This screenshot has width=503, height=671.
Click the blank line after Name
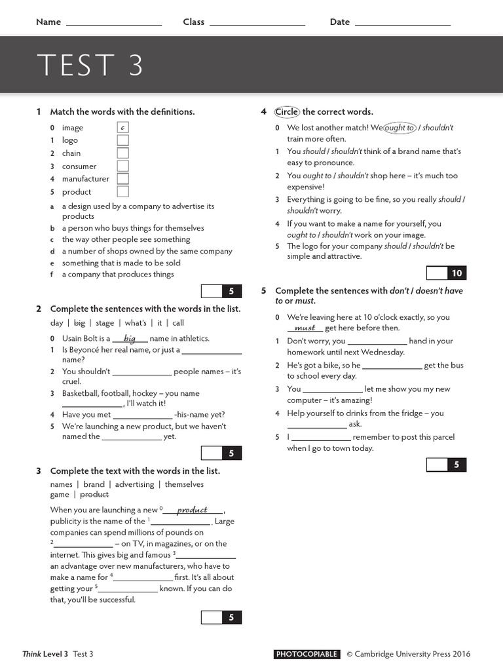[114, 24]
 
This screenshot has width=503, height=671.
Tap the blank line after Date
[402, 24]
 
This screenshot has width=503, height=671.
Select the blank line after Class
[257, 24]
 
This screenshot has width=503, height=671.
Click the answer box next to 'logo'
[123, 140]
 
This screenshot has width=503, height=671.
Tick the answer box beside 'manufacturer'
[123, 179]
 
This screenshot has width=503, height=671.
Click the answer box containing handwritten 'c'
[123, 128]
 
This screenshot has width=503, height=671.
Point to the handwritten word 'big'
[130, 339]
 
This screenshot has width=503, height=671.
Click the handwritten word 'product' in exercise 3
[192, 510]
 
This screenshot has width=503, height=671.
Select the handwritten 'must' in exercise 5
[305, 328]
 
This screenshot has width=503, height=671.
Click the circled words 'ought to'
[400, 128]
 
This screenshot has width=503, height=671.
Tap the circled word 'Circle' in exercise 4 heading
[287, 111]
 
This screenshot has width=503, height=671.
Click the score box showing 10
[456, 273]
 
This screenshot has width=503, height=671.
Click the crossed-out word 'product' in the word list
[94, 495]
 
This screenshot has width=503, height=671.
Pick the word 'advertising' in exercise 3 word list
[134, 484]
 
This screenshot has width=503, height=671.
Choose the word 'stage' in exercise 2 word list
[105, 323]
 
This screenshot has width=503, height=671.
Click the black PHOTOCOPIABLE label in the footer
[307, 654]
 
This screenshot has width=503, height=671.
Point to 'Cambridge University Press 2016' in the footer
[413, 654]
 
